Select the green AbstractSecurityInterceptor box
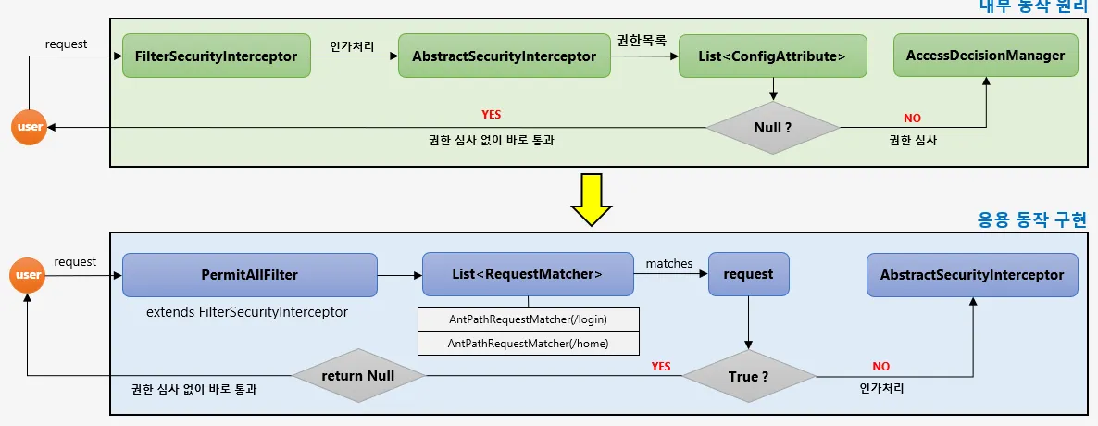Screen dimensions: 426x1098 click(x=504, y=56)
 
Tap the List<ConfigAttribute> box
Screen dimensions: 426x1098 click(x=772, y=56)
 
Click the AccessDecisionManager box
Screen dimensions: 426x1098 click(x=985, y=56)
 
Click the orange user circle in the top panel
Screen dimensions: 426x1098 click(x=29, y=126)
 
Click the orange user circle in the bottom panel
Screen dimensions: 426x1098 click(x=29, y=274)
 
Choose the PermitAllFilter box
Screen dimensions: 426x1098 click(x=249, y=274)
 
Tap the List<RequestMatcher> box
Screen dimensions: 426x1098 click(x=528, y=274)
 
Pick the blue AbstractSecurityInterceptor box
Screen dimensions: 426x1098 click(x=972, y=274)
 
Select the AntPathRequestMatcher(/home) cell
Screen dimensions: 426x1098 click(x=529, y=343)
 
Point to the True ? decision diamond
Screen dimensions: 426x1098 click(x=748, y=376)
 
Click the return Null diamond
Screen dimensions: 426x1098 click(x=359, y=376)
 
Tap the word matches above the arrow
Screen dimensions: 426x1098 click(x=668, y=264)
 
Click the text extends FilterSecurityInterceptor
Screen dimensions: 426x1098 click(x=247, y=312)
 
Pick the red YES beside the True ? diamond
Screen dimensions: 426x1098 click(x=660, y=366)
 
